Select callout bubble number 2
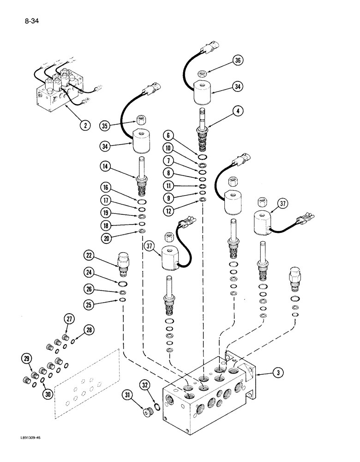(84, 124)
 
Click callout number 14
(106, 165)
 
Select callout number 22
(90, 255)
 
